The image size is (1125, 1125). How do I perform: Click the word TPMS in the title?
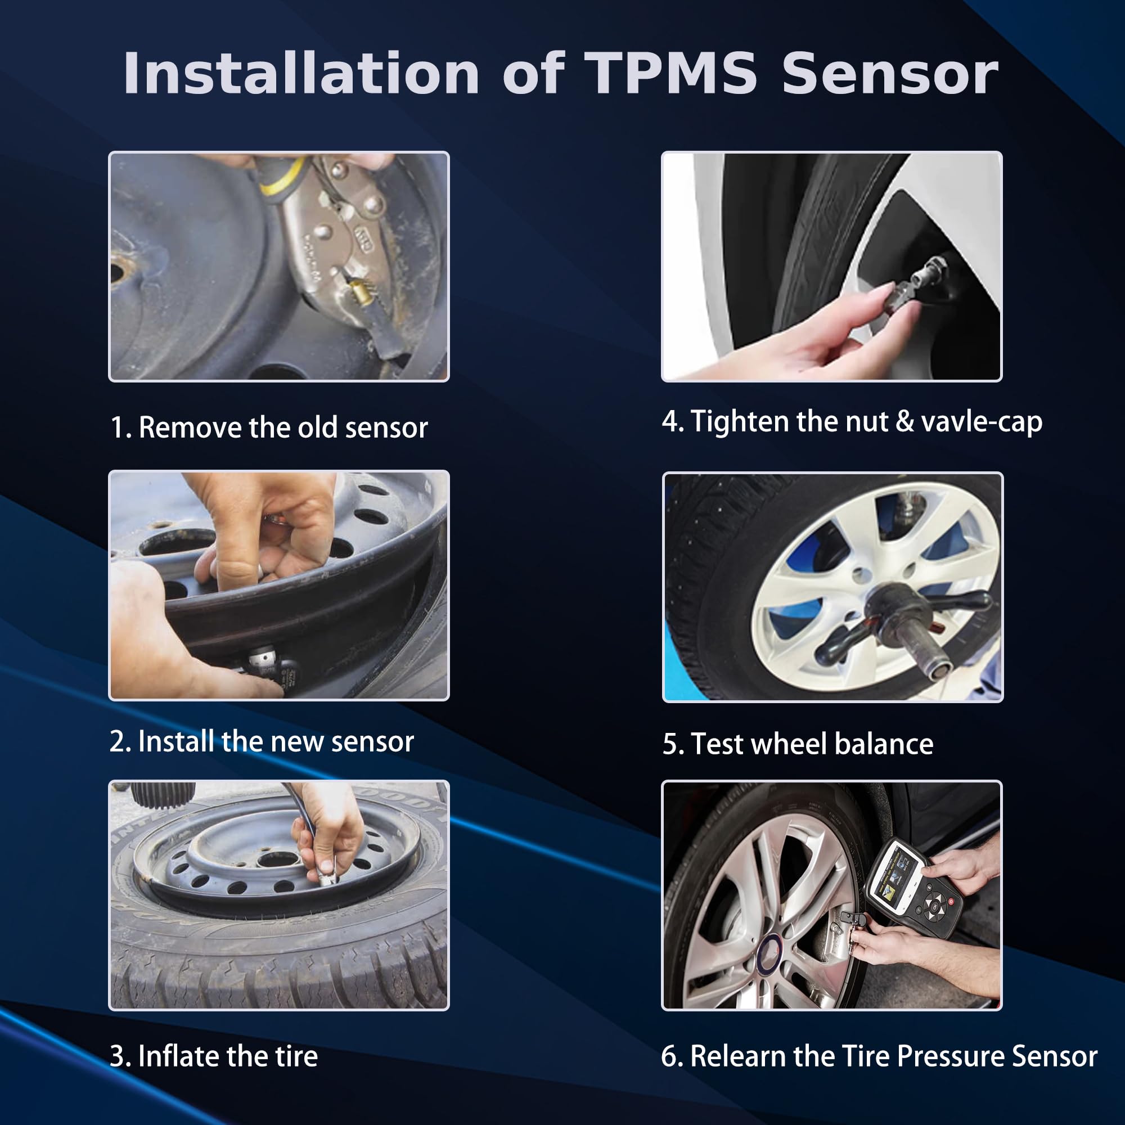pyautogui.click(x=671, y=73)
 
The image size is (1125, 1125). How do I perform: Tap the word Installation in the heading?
pyautogui.click(x=300, y=73)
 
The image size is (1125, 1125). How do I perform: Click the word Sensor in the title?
pyautogui.click(x=890, y=73)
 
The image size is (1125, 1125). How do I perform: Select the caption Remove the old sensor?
pyautogui.click(x=269, y=427)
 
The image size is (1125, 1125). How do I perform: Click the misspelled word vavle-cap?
pyautogui.click(x=982, y=421)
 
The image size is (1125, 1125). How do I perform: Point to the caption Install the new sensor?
pyautogui.click(x=262, y=741)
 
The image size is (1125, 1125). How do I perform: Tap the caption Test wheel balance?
pyautogui.click(x=798, y=744)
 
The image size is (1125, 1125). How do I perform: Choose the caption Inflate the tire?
pyautogui.click(x=214, y=1056)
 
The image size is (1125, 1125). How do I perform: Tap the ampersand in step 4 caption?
pyautogui.click(x=904, y=421)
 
